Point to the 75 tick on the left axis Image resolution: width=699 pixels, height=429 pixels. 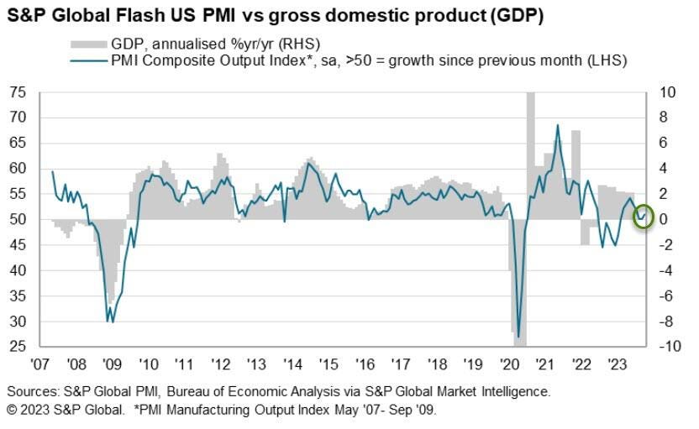tap(18, 92)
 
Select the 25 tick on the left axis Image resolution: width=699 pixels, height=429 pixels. tap(18, 347)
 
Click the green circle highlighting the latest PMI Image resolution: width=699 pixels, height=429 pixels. tap(643, 217)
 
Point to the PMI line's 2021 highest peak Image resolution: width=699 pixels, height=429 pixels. tap(558, 125)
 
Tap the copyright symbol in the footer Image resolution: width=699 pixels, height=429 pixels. tap(13, 409)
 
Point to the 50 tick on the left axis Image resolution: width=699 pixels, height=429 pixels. tap(18, 219)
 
